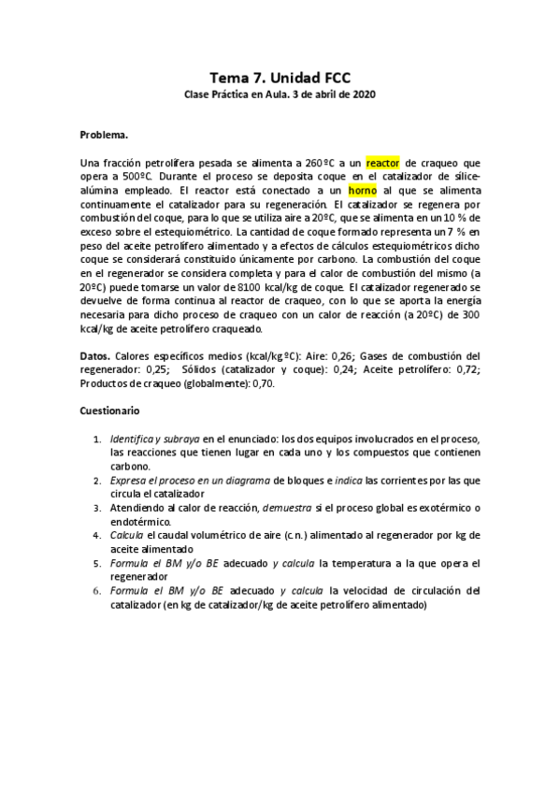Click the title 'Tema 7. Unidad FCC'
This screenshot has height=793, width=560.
coord(280,80)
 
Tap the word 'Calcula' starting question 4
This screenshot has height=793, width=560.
coord(127,535)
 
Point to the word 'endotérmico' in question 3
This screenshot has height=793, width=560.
coord(139,521)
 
